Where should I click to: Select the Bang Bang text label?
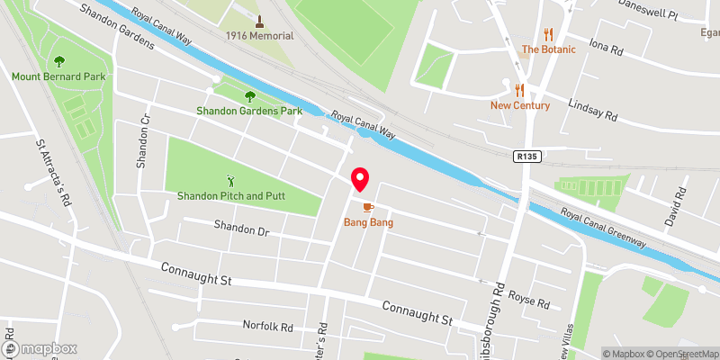[369, 222]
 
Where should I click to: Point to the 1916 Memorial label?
[259, 35]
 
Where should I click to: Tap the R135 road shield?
[527, 157]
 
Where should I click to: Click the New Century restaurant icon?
[519, 90]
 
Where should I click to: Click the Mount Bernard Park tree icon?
[59, 61]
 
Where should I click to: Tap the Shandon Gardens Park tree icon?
[249, 96]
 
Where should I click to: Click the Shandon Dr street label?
[241, 230]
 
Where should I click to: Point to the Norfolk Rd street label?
[268, 325]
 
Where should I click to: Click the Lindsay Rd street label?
[593, 111]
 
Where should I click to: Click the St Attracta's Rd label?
[52, 172]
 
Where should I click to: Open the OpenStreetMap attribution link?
[678, 354]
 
